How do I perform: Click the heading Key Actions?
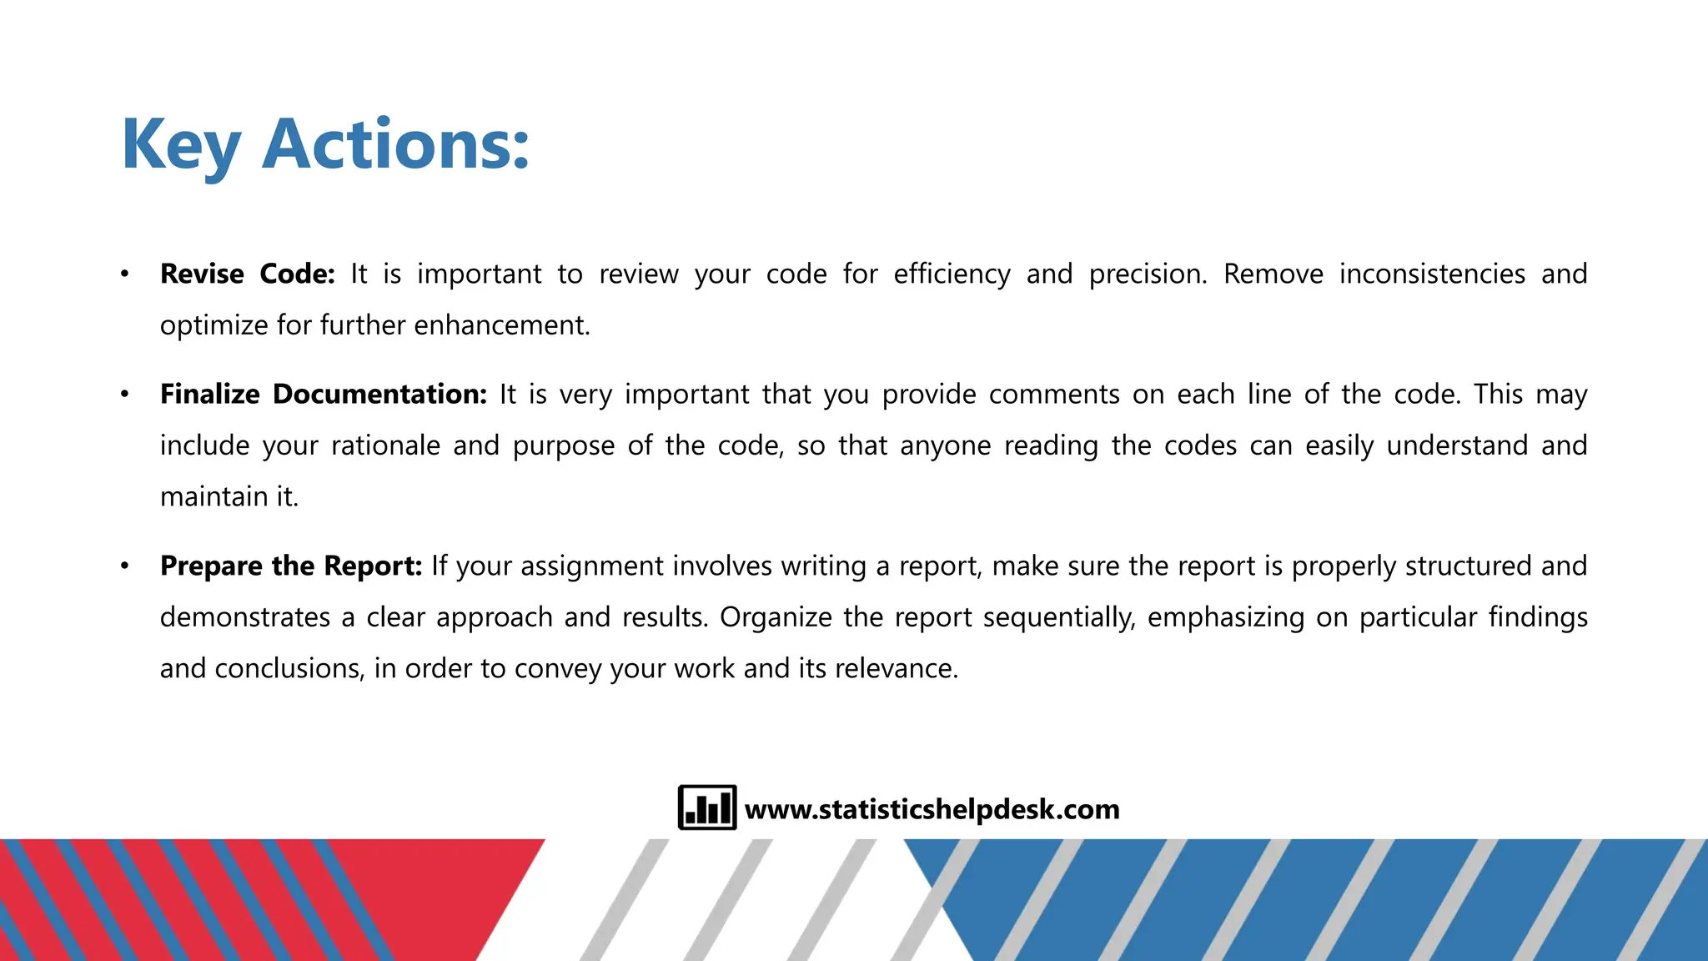(x=325, y=145)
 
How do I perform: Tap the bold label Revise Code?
(x=247, y=274)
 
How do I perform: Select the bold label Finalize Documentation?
(x=323, y=394)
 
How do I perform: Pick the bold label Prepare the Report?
(x=291, y=566)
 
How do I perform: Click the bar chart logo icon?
(x=706, y=808)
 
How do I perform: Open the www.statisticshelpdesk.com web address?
(x=932, y=809)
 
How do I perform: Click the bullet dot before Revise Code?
(x=124, y=274)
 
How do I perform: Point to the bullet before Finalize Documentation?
(x=124, y=394)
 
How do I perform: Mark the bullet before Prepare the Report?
(x=124, y=566)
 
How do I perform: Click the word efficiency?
(x=952, y=274)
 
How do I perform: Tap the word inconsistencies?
(x=1432, y=274)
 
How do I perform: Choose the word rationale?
(x=385, y=445)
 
